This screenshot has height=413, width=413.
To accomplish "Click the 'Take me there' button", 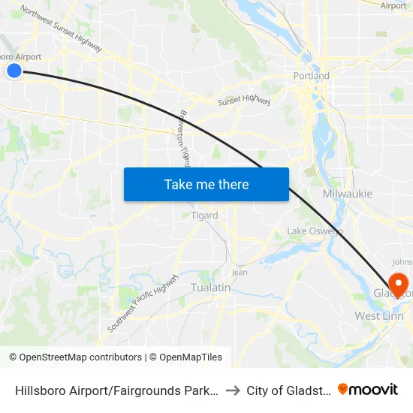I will pos(206,184).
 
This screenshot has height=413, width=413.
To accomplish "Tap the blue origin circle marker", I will pos(14,71).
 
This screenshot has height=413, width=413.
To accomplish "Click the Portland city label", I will pos(311,76).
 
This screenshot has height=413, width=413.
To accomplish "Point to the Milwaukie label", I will pos(347,194).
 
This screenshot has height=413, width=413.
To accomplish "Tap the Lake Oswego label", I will pos(315,231).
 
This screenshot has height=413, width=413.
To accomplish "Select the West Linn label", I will pos(379,316).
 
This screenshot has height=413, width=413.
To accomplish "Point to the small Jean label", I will pos(240,273).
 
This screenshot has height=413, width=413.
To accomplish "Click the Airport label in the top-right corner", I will pos(393,6).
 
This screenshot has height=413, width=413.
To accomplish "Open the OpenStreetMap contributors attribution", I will pos(75,357).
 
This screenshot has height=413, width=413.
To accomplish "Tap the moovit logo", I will pos(368,389).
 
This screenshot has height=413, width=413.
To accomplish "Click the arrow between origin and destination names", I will pos(233,390).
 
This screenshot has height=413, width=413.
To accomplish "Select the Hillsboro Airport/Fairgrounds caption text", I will pos(116,390).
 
